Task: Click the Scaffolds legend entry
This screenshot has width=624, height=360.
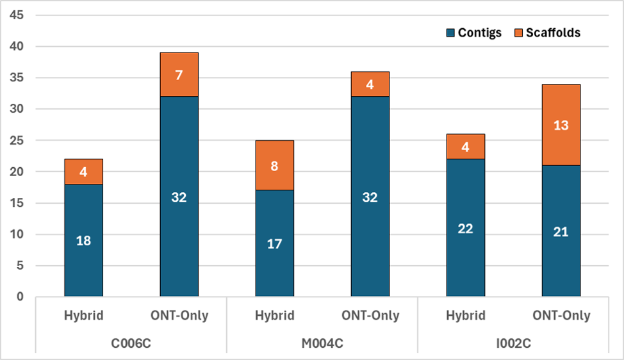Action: point(548,33)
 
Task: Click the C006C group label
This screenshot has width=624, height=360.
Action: point(131,343)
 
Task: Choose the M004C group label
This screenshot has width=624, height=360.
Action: point(322,343)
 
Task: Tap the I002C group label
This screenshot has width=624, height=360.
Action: point(513,343)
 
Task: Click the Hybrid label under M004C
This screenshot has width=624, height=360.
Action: point(274,316)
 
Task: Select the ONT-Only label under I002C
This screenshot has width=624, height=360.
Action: point(561,316)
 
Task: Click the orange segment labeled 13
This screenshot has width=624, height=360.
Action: point(561,125)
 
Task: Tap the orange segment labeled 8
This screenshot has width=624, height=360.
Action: point(274,166)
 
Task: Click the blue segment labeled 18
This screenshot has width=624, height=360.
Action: point(83,241)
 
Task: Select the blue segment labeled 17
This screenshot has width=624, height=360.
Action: point(274,244)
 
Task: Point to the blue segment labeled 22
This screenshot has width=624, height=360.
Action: point(466,229)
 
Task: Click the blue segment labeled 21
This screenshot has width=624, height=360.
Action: point(561,232)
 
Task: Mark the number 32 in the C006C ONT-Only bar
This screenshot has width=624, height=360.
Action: point(179,197)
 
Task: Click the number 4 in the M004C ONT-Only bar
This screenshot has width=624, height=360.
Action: point(370,84)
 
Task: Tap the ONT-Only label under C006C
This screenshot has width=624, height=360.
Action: point(179,316)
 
